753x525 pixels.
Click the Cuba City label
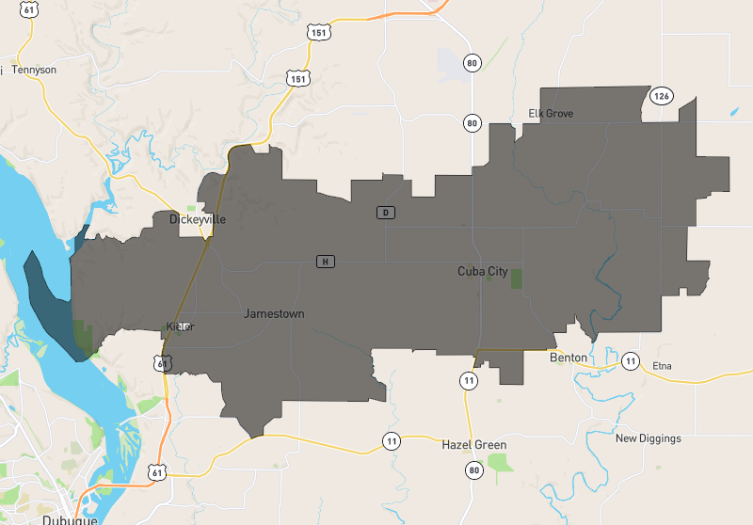point(482,272)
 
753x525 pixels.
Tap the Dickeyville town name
point(198,219)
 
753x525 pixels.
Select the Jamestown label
point(274,313)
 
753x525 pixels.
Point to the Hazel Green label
point(474,445)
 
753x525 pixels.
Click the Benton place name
point(569,358)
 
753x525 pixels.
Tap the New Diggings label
point(648,438)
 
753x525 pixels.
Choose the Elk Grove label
point(551,114)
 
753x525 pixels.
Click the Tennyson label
point(35,70)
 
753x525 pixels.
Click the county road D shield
point(385,212)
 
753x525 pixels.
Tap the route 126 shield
point(662,96)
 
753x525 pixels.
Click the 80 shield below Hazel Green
point(473,469)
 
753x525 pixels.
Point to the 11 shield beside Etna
point(631,361)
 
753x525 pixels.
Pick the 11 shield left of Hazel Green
point(391,440)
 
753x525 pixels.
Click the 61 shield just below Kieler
point(166,362)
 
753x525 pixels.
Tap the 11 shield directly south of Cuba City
point(468,380)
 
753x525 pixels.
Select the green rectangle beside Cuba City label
point(516,278)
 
